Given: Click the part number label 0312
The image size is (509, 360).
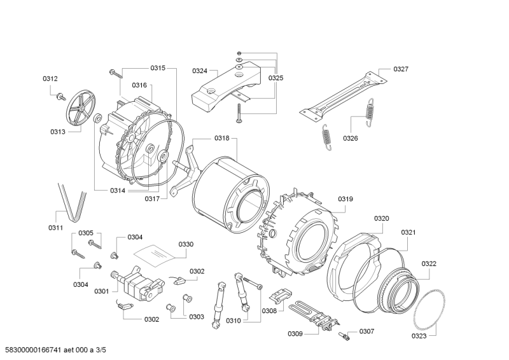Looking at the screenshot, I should (x=50, y=78).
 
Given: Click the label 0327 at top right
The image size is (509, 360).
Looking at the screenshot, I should (x=401, y=69).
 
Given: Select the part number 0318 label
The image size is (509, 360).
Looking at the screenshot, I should (x=221, y=138).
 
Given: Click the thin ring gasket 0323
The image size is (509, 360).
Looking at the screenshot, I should (x=428, y=312).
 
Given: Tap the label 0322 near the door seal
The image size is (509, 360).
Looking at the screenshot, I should (x=429, y=263).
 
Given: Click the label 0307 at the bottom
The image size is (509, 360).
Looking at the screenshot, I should (x=366, y=331).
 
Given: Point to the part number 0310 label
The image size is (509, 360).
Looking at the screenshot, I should (x=233, y=321).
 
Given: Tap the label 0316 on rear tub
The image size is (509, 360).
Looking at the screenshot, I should (x=139, y=85).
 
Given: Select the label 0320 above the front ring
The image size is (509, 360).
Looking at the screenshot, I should (x=381, y=218).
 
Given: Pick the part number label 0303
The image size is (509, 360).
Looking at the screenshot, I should (x=196, y=316).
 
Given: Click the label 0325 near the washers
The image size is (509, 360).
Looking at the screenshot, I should (x=275, y=78).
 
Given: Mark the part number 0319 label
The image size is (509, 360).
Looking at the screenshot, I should (x=345, y=199).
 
